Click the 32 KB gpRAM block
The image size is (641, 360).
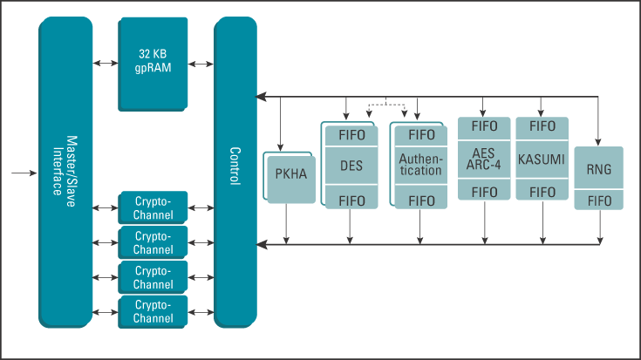click(152, 61)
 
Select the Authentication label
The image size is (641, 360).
click(420, 165)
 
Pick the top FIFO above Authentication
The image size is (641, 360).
click(421, 135)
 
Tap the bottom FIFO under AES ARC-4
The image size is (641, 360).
click(484, 192)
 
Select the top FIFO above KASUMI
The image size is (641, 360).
click(542, 126)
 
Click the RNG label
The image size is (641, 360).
click(599, 170)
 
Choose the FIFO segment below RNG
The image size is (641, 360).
click(599, 200)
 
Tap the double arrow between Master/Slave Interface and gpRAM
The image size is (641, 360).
click(106, 64)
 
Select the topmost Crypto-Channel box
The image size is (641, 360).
click(153, 207)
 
